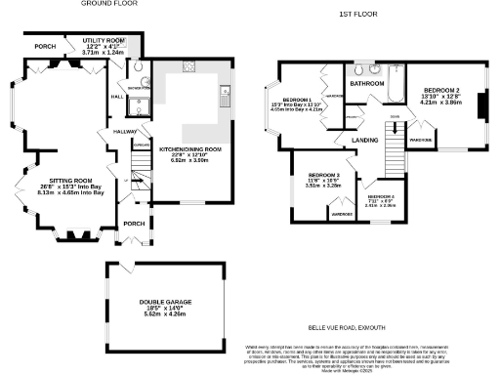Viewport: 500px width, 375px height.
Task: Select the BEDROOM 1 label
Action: (297, 101)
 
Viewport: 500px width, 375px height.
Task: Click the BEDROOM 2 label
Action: (439, 89)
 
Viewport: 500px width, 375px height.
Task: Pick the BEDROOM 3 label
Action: (315, 176)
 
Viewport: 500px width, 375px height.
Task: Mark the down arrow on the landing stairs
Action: (395, 119)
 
